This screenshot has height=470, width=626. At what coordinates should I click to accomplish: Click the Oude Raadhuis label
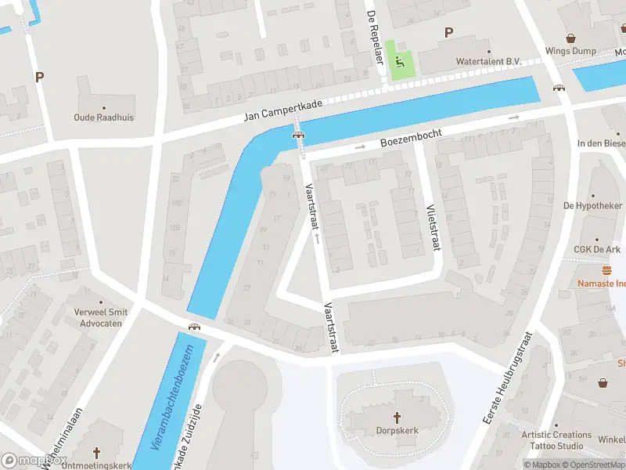click(x=103, y=117)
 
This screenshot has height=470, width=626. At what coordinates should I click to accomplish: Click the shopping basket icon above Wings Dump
click(x=570, y=38)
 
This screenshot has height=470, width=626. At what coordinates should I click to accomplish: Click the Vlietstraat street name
click(x=430, y=229)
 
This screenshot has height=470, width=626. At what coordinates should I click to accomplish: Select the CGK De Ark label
click(x=596, y=250)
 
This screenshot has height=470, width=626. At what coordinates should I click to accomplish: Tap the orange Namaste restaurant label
click(x=602, y=283)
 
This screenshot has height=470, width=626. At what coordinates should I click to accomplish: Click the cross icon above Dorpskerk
click(x=396, y=417)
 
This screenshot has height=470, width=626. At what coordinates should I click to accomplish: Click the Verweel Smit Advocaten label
click(x=100, y=317)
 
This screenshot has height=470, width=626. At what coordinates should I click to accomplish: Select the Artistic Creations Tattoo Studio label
click(x=557, y=440)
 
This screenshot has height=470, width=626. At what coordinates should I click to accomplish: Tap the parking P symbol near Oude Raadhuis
click(x=38, y=78)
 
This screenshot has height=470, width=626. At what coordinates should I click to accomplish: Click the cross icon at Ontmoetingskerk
click(x=97, y=453)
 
